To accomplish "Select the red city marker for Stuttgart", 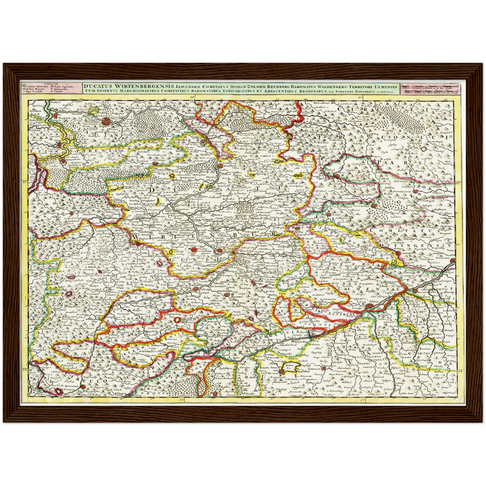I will pyautogui.click(x=194, y=250).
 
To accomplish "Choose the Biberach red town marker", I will pyautogui.click(x=324, y=368).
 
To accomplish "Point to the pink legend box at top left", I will pyautogui.click(x=50, y=88).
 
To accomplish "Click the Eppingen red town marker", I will pyautogui.click(x=155, y=164).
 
